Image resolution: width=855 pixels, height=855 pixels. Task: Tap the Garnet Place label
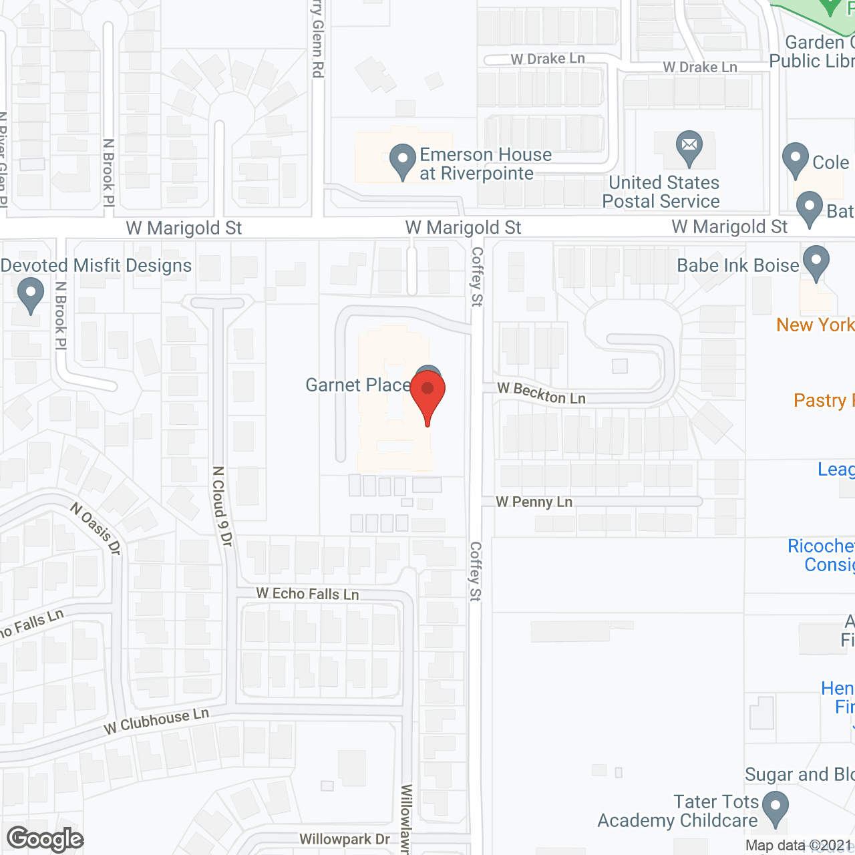click(357, 385)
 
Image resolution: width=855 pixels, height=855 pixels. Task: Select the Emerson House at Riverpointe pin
click(402, 161)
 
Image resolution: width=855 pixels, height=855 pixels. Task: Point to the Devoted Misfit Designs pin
click(30, 295)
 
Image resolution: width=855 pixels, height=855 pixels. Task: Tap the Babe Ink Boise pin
click(816, 263)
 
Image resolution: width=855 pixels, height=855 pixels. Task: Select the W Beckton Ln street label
click(541, 394)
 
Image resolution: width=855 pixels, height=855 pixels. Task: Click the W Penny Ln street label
click(534, 502)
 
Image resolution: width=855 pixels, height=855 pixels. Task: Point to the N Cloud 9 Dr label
click(222, 506)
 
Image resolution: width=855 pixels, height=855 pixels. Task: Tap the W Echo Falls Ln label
click(307, 594)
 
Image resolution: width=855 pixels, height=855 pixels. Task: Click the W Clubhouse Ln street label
click(156, 721)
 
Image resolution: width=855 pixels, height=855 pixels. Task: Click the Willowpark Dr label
click(344, 840)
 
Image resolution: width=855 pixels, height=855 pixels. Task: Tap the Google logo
click(45, 839)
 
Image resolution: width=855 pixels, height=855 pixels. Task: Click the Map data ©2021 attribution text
click(798, 846)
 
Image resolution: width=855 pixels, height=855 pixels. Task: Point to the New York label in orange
click(815, 325)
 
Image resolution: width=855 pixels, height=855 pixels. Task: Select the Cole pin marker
click(795, 160)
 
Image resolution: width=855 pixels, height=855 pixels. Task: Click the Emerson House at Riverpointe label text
click(486, 164)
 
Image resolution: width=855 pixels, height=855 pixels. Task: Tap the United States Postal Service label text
click(662, 192)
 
